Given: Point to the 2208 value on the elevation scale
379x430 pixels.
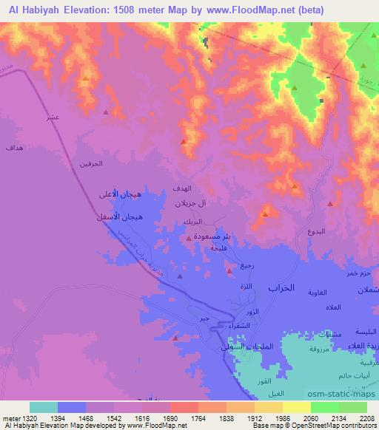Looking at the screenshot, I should [x=366, y=419].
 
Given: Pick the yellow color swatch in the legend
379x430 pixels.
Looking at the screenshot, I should [x=296, y=407].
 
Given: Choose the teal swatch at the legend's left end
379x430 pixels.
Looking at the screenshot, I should [x=44, y=407].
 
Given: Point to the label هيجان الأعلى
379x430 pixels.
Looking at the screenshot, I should [x=120, y=195].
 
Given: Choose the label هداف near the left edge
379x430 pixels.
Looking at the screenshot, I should [x=14, y=149].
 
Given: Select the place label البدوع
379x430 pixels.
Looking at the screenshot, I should [x=315, y=231].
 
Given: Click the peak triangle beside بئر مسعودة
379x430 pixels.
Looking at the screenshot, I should [x=189, y=238].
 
